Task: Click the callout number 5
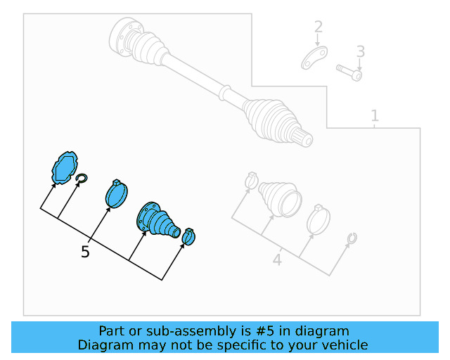[x=85, y=252]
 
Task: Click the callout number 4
[x=277, y=260]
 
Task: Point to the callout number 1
[x=375, y=116]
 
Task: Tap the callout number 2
[x=319, y=27]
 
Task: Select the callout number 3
[x=361, y=51]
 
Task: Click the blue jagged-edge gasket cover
[x=65, y=167]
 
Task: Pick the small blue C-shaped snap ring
[x=82, y=179]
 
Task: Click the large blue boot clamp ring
[x=117, y=194]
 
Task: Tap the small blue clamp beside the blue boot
[x=189, y=237]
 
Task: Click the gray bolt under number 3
[x=349, y=72]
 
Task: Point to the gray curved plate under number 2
[x=314, y=58]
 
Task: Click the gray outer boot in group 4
[x=281, y=198]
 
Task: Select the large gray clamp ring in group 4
[x=319, y=219]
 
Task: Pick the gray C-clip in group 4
[x=352, y=238]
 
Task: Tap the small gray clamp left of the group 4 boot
[x=252, y=180]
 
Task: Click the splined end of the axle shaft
[x=304, y=139]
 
